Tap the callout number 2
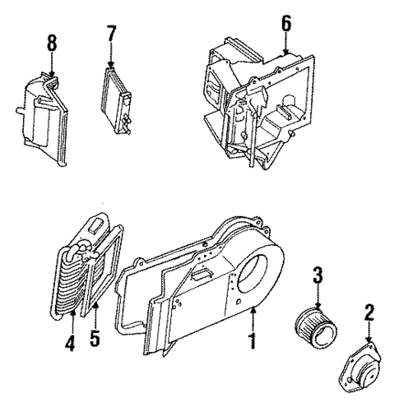(x=369, y=312)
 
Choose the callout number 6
(x=285, y=25)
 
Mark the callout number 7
(x=112, y=35)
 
